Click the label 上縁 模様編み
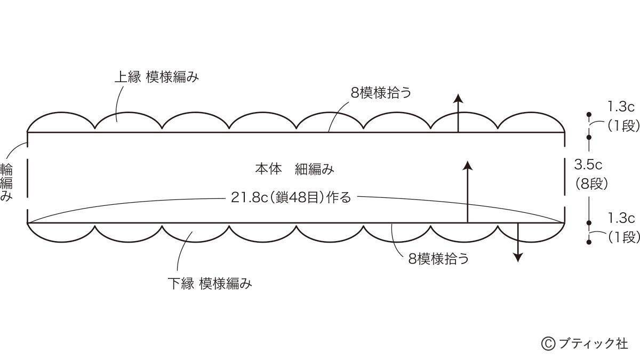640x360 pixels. point(157,77)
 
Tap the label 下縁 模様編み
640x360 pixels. point(210,284)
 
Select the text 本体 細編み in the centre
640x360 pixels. point(294,169)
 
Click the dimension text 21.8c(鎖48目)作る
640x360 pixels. point(291,197)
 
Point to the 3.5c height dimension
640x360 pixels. point(588,165)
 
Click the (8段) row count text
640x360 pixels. point(591,183)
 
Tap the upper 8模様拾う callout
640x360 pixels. point(381,93)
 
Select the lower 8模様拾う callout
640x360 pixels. point(438,259)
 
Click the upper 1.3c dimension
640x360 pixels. point(621,107)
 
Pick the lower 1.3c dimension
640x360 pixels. point(621,218)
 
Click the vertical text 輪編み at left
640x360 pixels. point(6,182)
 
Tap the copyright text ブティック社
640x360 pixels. point(593,343)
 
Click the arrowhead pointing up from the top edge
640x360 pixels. point(458,98)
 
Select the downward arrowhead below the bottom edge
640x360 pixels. point(518,257)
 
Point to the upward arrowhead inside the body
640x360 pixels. point(468,165)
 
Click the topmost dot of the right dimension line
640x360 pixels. point(589,115)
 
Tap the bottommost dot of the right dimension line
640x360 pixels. point(589,242)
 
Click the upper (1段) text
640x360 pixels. point(623,125)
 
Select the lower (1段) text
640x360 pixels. point(623,237)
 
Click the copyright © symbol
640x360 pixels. point(548,343)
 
